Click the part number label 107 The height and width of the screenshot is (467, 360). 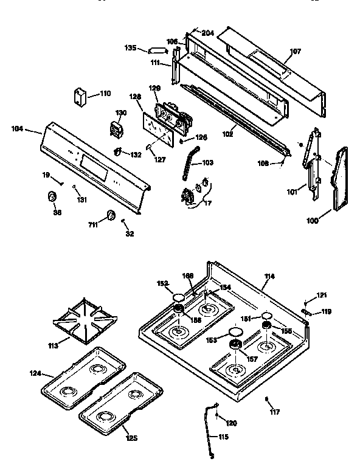point(295,51)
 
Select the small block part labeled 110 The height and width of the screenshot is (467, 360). point(79,97)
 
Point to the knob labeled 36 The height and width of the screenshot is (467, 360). point(52,197)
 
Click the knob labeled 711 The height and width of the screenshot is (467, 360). point(111,215)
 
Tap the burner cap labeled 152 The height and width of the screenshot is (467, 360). point(178,297)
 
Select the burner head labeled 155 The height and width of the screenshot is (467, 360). point(266,328)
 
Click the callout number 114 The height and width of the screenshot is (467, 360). point(269,277)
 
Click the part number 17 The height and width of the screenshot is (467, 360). point(209,203)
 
